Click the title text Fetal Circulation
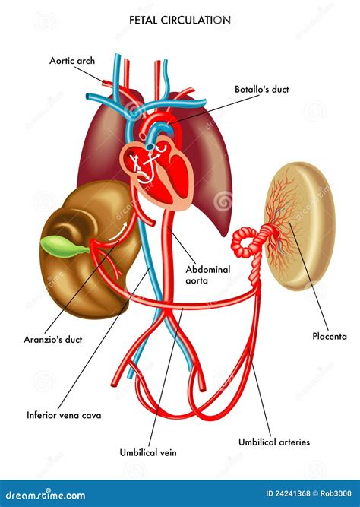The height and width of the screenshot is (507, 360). (x=180, y=20)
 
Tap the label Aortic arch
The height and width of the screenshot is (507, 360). (x=72, y=61)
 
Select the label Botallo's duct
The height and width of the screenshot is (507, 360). (x=262, y=89)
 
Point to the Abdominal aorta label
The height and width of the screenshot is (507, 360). (x=208, y=275)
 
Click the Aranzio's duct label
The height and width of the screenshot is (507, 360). (x=53, y=340)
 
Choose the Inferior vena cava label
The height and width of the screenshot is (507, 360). (x=64, y=415)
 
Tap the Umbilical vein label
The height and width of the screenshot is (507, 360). (x=148, y=452)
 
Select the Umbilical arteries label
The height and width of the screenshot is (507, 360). (x=274, y=442)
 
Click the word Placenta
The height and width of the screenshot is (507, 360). (x=330, y=336)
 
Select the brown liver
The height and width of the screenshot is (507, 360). (x=87, y=249)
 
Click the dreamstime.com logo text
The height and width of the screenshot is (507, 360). (x=46, y=495)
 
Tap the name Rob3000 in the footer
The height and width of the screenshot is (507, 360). (x=336, y=493)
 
